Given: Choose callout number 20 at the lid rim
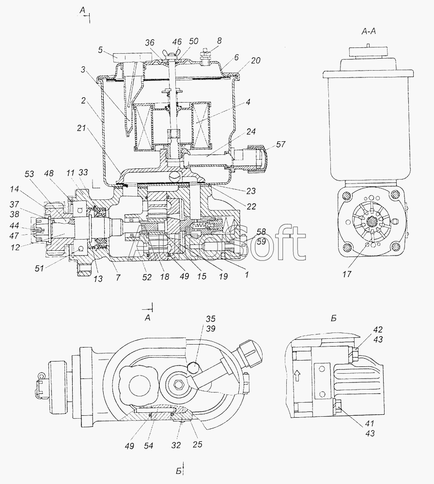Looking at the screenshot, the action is [255, 61].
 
